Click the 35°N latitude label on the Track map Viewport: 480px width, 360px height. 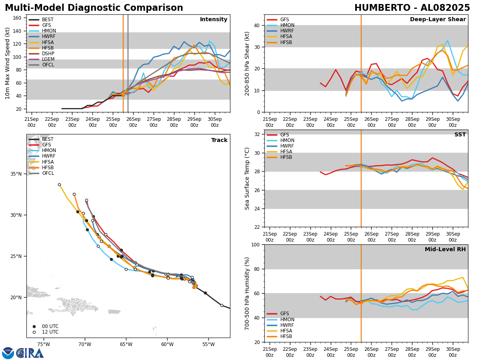[x=16, y=174]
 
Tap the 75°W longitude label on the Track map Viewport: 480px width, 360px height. [x=44, y=344]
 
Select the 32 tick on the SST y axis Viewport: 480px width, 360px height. [x=258, y=134]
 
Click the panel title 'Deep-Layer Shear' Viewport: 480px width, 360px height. [x=438, y=20]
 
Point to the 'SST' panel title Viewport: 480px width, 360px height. [x=460, y=135]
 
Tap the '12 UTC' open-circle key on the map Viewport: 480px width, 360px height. [x=48, y=332]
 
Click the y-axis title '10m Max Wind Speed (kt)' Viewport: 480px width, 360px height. [x=8, y=63]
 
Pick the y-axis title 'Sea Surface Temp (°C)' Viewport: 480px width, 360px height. [x=247, y=178]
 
